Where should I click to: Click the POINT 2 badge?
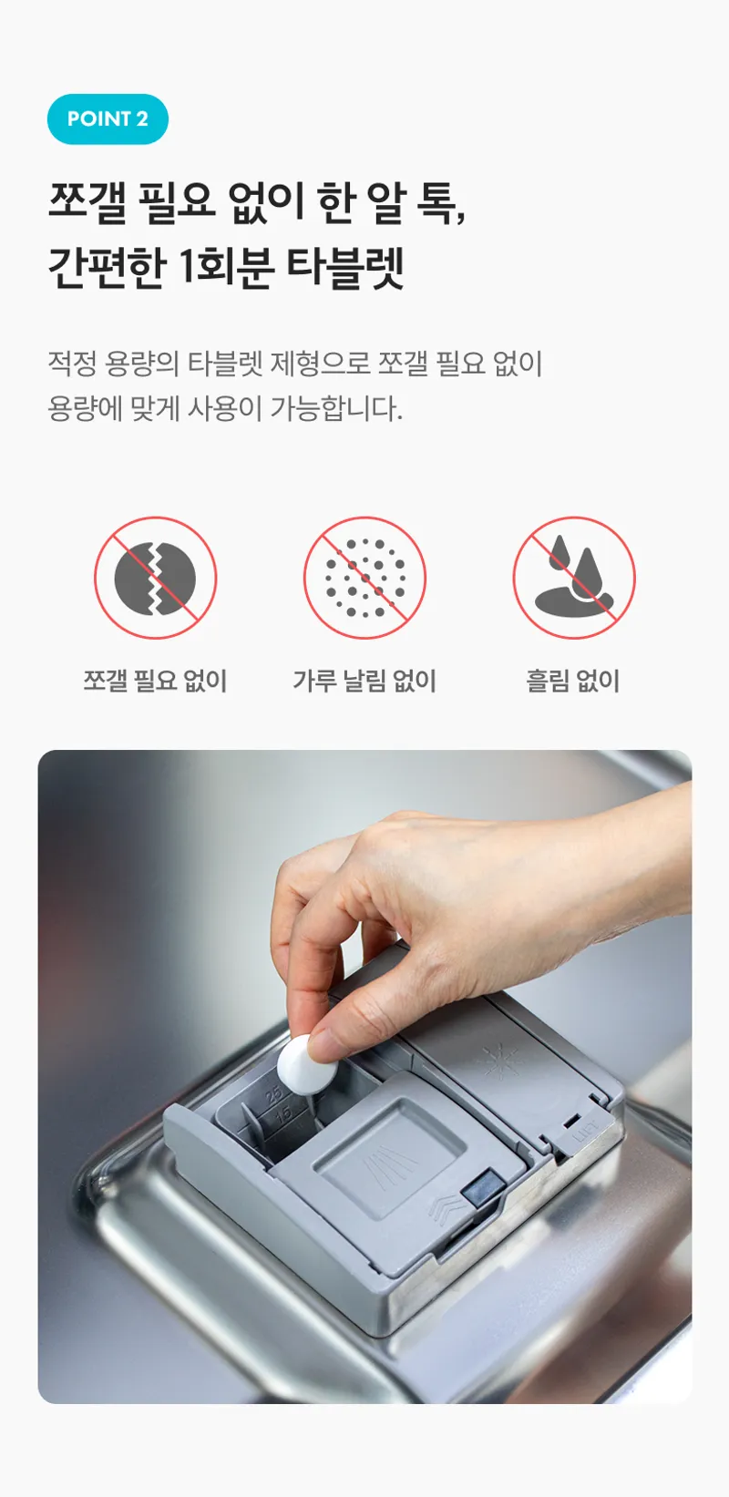[x=108, y=119]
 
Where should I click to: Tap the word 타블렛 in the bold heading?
[x=345, y=267]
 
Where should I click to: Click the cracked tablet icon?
[x=155, y=578]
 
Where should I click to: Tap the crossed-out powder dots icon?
[x=364, y=578]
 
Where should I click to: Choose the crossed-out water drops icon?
[x=574, y=578]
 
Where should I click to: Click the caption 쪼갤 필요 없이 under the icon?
[x=155, y=681]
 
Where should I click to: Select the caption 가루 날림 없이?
[x=364, y=681]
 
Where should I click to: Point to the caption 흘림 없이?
[x=573, y=681]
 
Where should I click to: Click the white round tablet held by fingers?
[x=306, y=1064]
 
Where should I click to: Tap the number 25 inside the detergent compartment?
[x=274, y=1095]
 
